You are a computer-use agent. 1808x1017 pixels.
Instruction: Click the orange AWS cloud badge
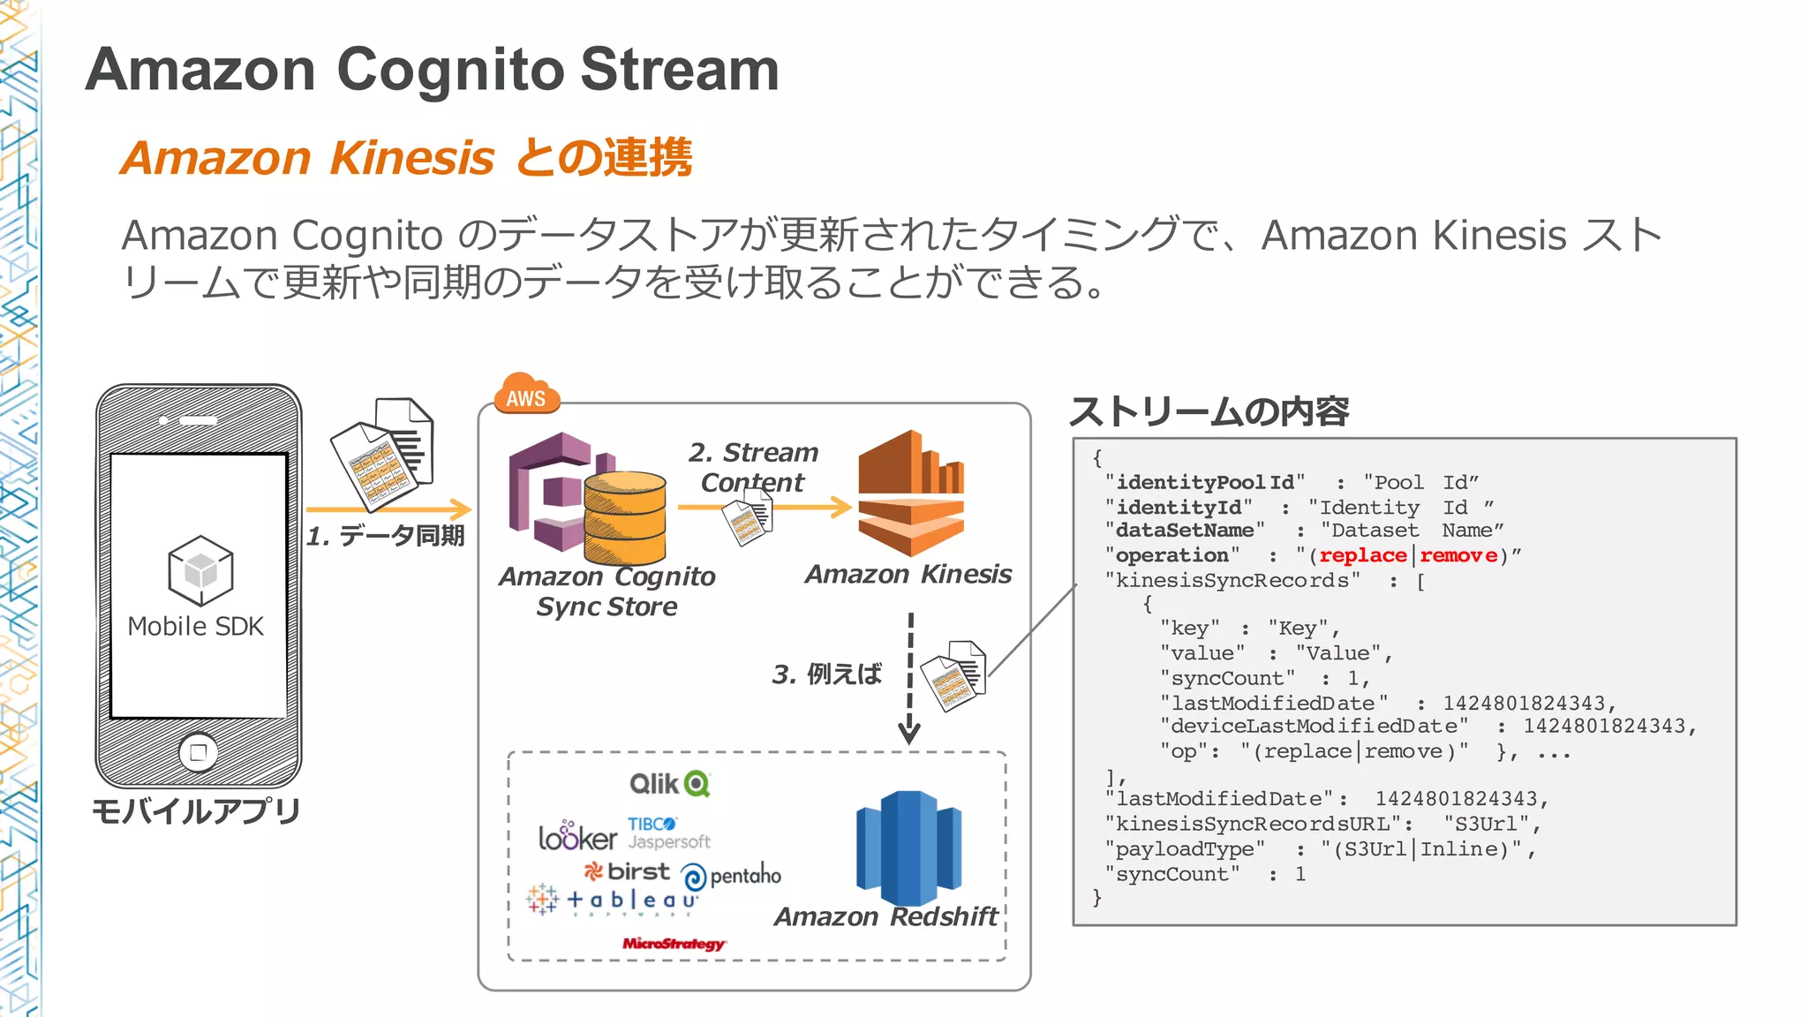pyautogui.click(x=527, y=395)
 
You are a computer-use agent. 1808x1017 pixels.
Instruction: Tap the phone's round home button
pyautogui.click(x=199, y=752)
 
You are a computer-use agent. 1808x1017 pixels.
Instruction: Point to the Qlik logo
pyautogui.click(x=670, y=784)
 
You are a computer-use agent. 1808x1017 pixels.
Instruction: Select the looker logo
pyautogui.click(x=577, y=836)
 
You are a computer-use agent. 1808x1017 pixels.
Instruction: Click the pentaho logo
pyautogui.click(x=731, y=876)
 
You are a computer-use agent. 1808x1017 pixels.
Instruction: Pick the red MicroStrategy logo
pyautogui.click(x=674, y=944)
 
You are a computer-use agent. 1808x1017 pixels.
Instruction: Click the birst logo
pyautogui.click(x=628, y=871)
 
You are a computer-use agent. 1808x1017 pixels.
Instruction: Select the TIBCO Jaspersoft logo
pyautogui.click(x=668, y=833)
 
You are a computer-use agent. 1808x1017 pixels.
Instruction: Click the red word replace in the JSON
pyautogui.click(x=1362, y=555)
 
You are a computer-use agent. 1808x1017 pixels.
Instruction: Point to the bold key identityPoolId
pyautogui.click(x=1205, y=482)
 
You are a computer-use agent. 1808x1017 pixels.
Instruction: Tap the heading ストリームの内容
pyautogui.click(x=1209, y=411)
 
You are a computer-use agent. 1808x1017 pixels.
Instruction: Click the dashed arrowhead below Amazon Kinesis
pyautogui.click(x=909, y=732)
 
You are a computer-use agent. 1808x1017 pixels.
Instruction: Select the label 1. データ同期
pyautogui.click(x=385, y=536)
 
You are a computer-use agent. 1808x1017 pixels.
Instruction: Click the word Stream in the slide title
pyautogui.click(x=680, y=70)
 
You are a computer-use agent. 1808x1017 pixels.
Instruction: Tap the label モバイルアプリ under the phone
pyautogui.click(x=196, y=810)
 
